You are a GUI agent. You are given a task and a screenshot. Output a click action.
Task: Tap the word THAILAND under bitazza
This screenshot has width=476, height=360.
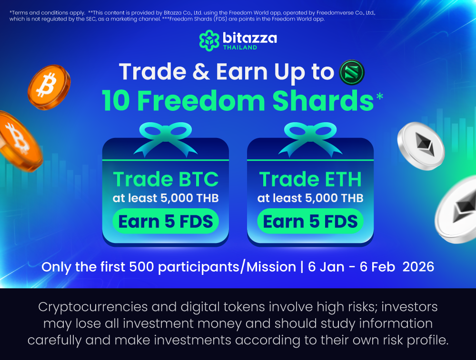pyautogui.click(x=240, y=47)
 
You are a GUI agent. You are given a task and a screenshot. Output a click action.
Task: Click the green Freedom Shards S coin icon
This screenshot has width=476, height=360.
pyautogui.click(x=351, y=72)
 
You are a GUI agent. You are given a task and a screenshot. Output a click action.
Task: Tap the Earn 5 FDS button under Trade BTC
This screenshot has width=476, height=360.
pyautogui.click(x=166, y=222)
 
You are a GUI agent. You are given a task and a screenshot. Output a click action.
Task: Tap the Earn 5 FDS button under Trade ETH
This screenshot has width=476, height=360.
pyautogui.click(x=310, y=222)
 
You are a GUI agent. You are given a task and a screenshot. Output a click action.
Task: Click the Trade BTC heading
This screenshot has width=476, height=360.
pyautogui.click(x=166, y=179)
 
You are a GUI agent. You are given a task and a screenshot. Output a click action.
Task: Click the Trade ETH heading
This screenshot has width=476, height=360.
pyautogui.click(x=310, y=179)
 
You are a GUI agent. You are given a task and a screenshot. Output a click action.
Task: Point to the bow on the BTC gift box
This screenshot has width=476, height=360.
pyautogui.click(x=166, y=137)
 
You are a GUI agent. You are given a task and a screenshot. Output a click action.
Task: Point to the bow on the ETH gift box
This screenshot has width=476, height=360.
pyautogui.click(x=310, y=137)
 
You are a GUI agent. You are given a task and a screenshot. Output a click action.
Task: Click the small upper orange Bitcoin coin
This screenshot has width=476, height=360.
pyautogui.click(x=49, y=87)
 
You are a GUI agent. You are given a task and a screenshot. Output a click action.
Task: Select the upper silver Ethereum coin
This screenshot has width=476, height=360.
pyautogui.click(x=421, y=146)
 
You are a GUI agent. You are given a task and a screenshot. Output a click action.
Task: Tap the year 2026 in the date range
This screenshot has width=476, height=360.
pyautogui.click(x=418, y=267)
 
